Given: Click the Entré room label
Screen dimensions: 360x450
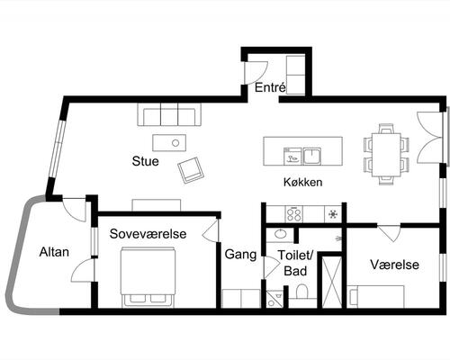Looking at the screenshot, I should pyautogui.click(x=270, y=88).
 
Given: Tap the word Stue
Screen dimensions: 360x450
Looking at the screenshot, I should pyautogui.click(x=146, y=163).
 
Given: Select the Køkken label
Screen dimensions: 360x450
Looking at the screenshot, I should pyautogui.click(x=302, y=182).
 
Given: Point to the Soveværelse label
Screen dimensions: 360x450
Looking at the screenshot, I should pyautogui.click(x=148, y=234).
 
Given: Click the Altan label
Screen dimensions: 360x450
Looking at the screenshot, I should pyautogui.click(x=40, y=253).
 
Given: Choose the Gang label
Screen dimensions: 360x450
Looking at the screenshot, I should pyautogui.click(x=240, y=254).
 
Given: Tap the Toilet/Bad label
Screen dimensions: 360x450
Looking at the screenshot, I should pyautogui.click(x=294, y=262).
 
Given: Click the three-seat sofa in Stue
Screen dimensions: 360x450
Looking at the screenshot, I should pyautogui.click(x=169, y=115).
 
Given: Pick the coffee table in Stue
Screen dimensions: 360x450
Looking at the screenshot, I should pyautogui.click(x=168, y=142).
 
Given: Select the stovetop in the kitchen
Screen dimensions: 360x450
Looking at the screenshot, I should pyautogui.click(x=294, y=214).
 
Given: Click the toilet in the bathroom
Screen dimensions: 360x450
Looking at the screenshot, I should pyautogui.click(x=302, y=292).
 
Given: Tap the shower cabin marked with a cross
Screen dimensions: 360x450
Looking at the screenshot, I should pyautogui.click(x=330, y=282).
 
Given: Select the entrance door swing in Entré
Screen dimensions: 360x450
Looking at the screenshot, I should pyautogui.click(x=255, y=69).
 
